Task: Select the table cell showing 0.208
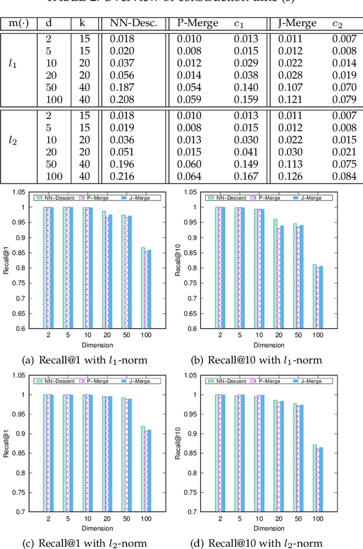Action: click(123, 100)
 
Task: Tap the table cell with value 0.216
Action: click(123, 177)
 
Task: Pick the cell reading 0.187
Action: click(123, 88)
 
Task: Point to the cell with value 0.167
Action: click(247, 177)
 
